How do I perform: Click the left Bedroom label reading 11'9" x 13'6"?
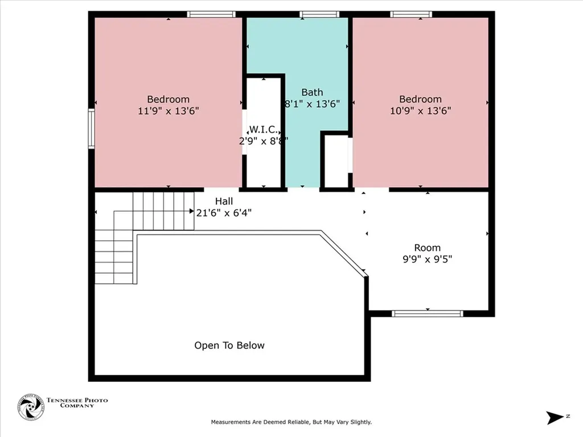(168, 111)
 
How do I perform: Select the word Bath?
(312, 92)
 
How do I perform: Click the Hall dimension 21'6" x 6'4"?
(224, 213)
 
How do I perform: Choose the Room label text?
(427, 248)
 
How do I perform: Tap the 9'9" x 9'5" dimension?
(427, 259)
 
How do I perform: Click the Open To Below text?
(229, 345)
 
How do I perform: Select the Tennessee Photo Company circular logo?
(30, 407)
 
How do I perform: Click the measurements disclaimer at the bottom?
(291, 422)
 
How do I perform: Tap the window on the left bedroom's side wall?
(91, 129)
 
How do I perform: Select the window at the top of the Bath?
(319, 14)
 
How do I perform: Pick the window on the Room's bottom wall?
(428, 314)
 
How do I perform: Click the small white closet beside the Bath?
(336, 161)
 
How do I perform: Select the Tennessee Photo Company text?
(76, 403)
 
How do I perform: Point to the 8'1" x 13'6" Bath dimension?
(312, 104)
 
